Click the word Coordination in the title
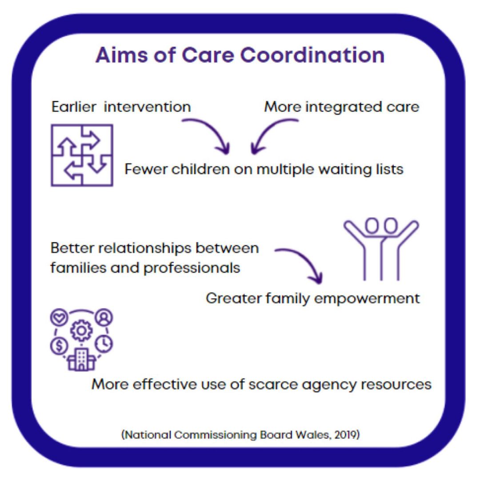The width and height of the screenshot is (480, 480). click(312, 55)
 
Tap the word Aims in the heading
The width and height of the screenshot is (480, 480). click(121, 55)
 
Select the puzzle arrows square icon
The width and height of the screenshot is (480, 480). click(82, 155)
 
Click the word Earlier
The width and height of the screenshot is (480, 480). click(74, 107)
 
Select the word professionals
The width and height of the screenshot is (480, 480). click(192, 268)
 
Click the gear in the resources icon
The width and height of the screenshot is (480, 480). click(81, 331)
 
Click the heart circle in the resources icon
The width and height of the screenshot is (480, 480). click(60, 317)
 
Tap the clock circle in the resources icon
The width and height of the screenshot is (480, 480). click(104, 344)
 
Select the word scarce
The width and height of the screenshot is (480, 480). click(273, 384)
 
